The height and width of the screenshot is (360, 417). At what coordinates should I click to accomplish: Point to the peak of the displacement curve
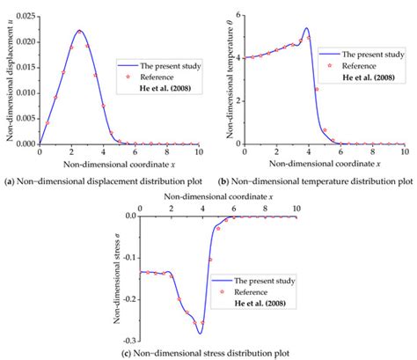[79, 31]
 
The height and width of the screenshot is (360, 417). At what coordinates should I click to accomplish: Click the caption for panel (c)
[209, 353]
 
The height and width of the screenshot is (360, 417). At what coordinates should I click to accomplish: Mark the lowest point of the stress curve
[200, 333]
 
